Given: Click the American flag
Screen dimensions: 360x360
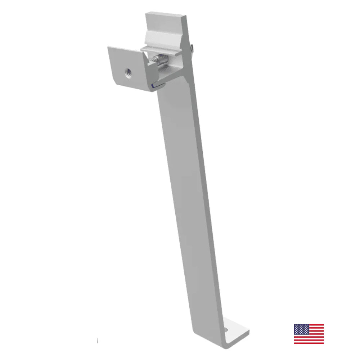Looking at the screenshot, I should point(309,334).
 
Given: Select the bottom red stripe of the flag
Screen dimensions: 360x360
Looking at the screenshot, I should point(309,342).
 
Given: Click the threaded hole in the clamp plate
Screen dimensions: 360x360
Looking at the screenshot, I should point(128,72).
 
